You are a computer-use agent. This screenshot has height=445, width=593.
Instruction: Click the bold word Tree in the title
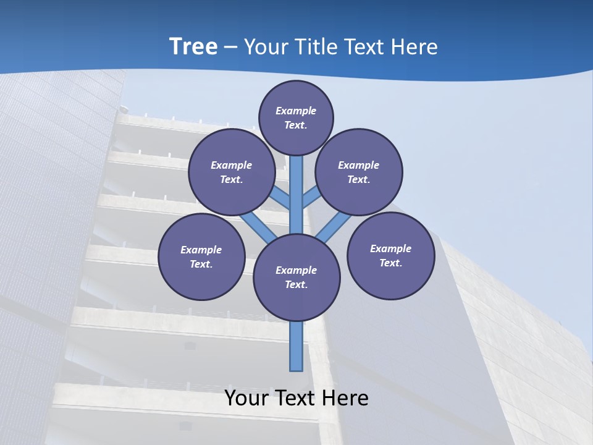pos(193,47)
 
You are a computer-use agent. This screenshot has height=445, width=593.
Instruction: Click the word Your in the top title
pos(264,47)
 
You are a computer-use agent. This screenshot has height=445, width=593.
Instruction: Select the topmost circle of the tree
pos(296,117)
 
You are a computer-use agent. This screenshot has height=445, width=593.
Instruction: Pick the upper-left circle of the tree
pos(232,172)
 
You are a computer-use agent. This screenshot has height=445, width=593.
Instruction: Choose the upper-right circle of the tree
pos(359,172)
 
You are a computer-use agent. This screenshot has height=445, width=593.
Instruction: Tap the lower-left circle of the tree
pos(201,256)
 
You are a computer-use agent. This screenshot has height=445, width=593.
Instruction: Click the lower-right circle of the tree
pos(390,255)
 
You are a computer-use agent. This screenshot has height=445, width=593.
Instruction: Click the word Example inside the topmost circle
pos(296,111)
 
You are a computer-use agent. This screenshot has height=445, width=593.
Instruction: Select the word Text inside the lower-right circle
pos(390,263)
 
